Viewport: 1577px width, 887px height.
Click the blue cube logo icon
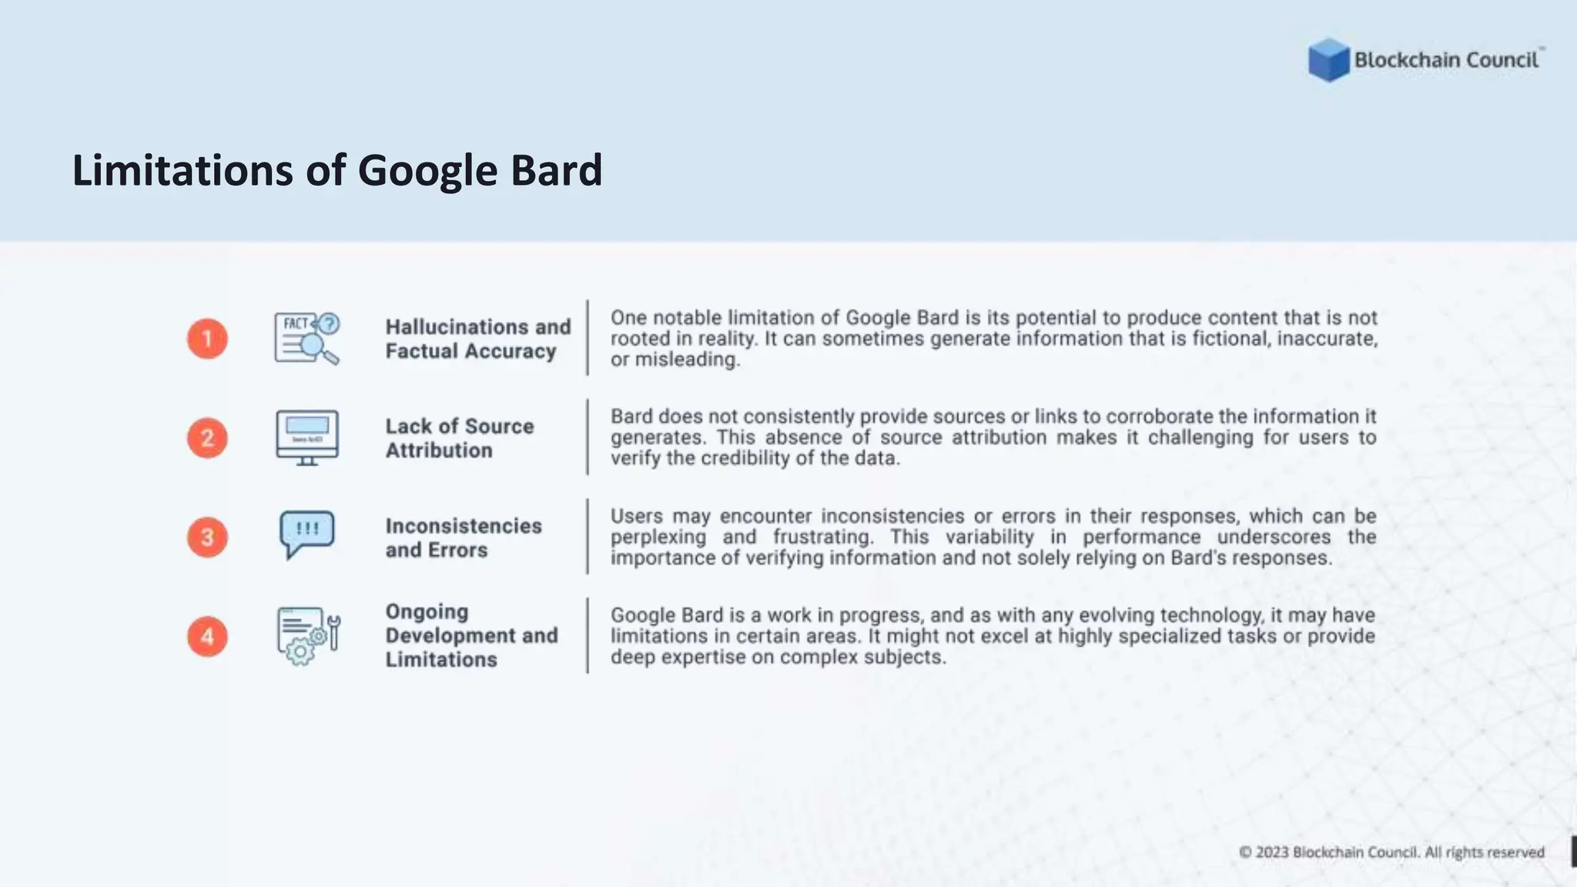click(1328, 60)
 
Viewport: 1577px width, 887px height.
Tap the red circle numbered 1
click(207, 339)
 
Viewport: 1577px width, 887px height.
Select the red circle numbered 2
click(207, 438)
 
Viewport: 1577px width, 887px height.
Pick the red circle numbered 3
click(207, 537)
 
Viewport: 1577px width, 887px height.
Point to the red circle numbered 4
click(207, 637)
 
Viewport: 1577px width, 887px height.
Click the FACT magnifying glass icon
click(307, 339)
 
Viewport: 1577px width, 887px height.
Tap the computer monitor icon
click(307, 437)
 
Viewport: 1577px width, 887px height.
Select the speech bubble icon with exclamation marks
click(307, 534)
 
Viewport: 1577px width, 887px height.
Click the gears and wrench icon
click(307, 636)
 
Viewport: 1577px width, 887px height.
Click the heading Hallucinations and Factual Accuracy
click(477, 339)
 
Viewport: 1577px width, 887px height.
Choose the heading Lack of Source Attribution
click(459, 438)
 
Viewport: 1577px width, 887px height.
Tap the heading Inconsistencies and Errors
click(463, 537)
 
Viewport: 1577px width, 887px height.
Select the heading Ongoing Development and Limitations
click(471, 636)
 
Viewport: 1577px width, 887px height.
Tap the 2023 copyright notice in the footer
click(1391, 852)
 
